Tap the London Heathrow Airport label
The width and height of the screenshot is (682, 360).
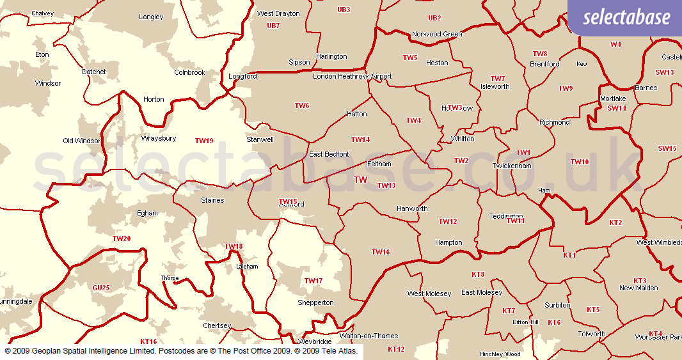tap(352, 77)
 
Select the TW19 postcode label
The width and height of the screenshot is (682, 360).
tap(204, 141)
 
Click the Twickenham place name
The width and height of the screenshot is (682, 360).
tap(512, 166)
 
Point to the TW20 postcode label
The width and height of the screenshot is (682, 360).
tap(122, 239)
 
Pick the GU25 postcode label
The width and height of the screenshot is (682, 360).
tap(101, 288)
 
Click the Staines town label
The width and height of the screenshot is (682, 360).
tap(212, 201)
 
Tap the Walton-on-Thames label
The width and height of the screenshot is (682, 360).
tap(369, 336)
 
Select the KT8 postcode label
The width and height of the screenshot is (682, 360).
tap(478, 274)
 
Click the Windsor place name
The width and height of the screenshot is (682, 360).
tap(48, 84)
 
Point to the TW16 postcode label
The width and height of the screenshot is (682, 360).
tap(381, 253)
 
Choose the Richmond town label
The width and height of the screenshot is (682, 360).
tap(555, 122)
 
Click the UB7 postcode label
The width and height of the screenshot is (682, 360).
tap(273, 26)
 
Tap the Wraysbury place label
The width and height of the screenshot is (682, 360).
tap(159, 138)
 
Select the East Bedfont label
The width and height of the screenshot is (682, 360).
tap(329, 155)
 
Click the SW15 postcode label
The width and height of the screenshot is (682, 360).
tap(667, 149)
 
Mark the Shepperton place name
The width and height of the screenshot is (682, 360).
tap(315, 303)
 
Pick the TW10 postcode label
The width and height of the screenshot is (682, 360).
tap(580, 162)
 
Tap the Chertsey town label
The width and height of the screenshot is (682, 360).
tap(216, 326)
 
